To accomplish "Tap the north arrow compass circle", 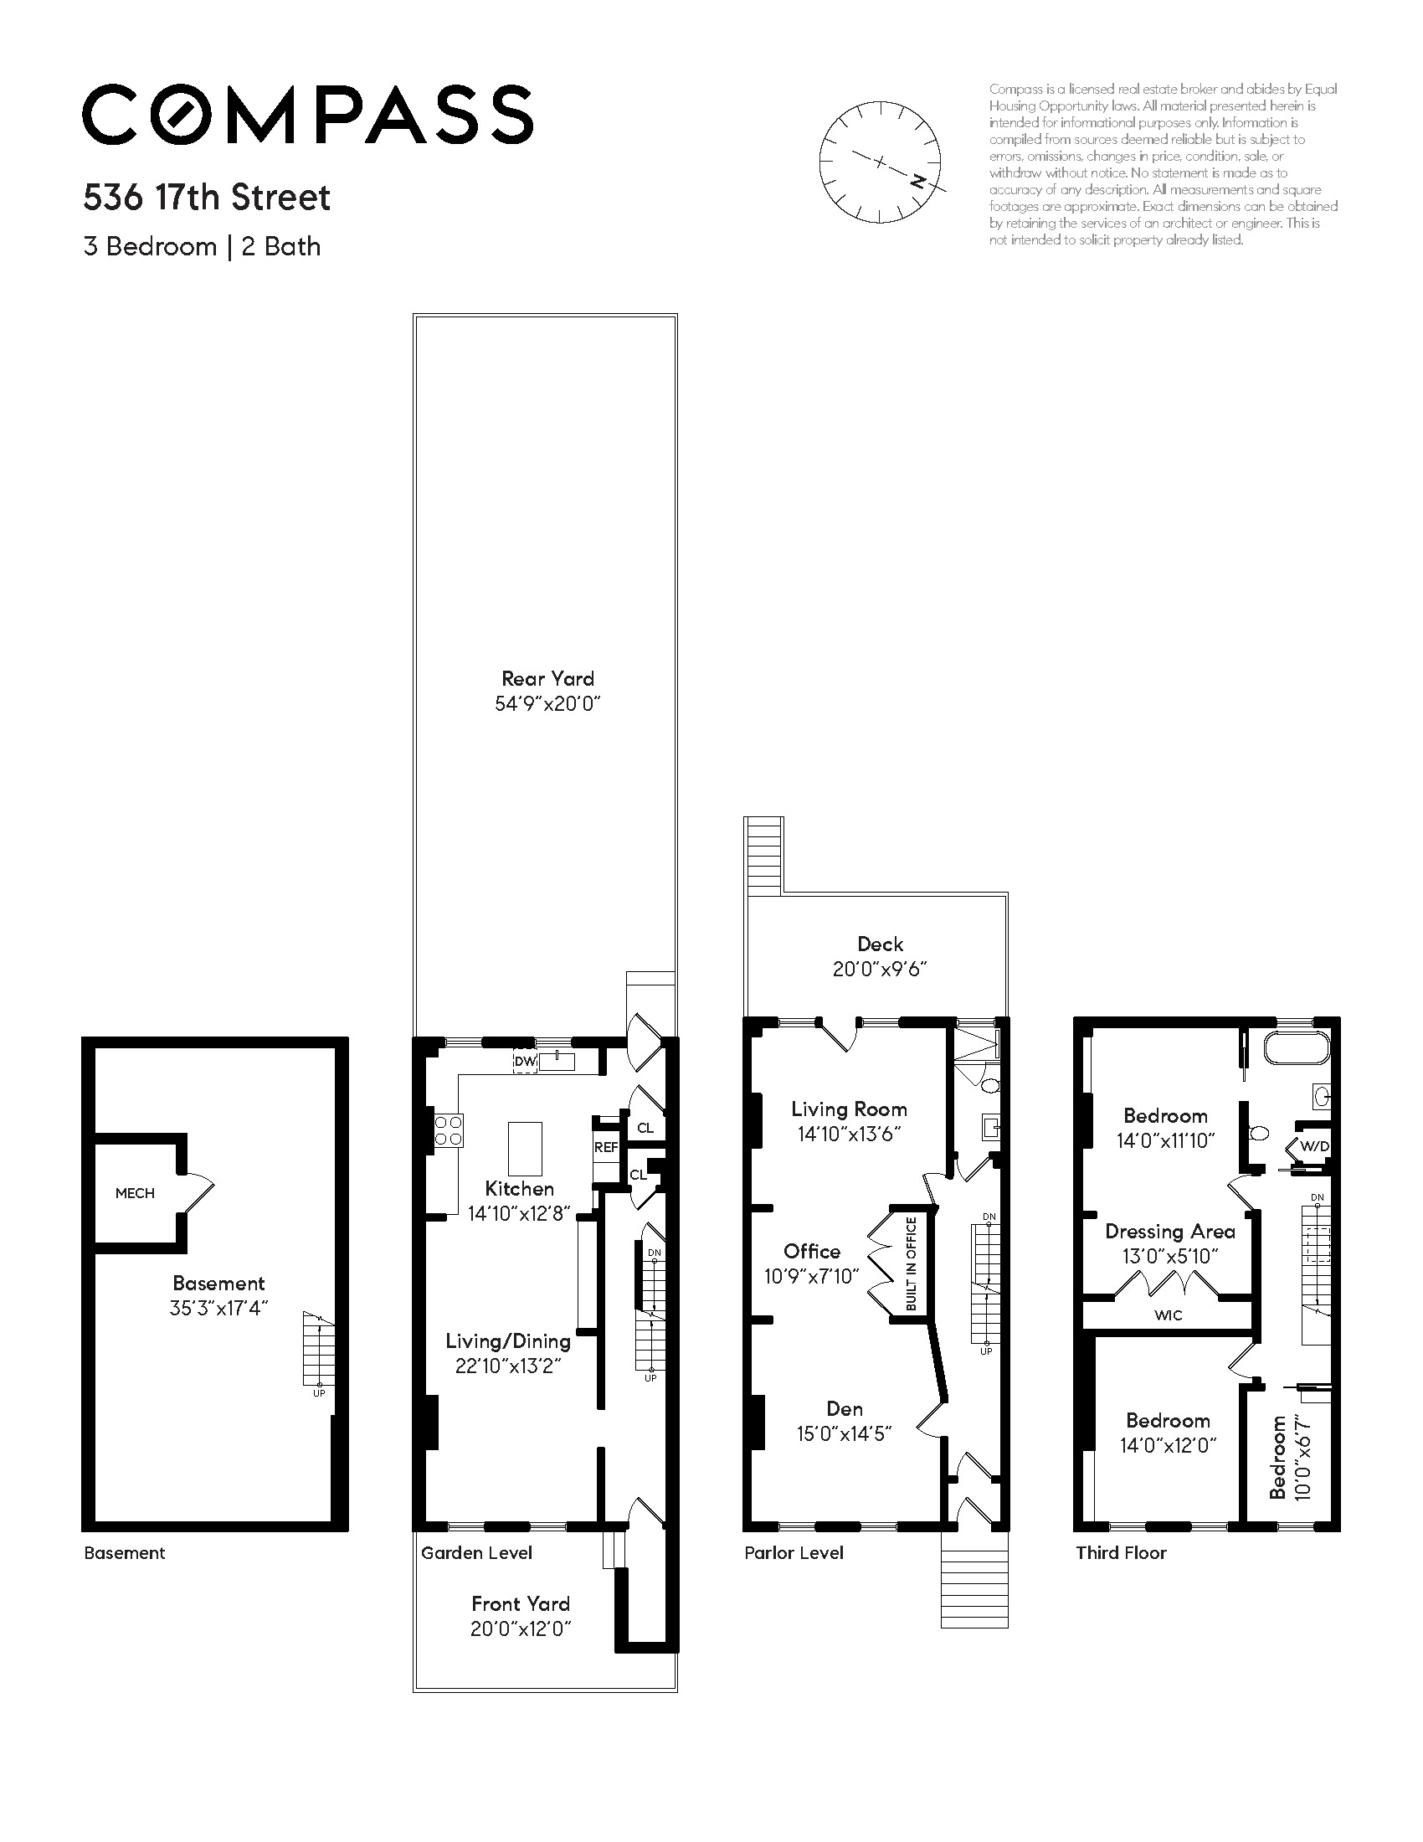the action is pos(879,162).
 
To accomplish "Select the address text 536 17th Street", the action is pos(207,198).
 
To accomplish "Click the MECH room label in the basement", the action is pos(135,1192).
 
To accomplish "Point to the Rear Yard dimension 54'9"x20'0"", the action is pos(547,703).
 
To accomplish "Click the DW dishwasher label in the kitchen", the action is pos(524,1062).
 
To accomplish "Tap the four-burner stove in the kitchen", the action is pos(448,1130).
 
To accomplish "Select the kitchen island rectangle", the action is pos(524,1148).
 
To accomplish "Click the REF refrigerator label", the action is pos(606,1147).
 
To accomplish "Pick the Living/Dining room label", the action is pos(507,1340).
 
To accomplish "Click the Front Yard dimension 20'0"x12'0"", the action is pos(520,1628).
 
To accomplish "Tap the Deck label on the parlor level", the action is pos(880,944).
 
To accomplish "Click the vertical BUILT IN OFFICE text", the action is pos(911,1263).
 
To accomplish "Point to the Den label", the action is pos(844,1408).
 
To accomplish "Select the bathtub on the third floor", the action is pos(1295,1051).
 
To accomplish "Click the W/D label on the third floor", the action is pos(1314,1146).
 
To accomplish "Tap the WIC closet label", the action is pos(1168,1315).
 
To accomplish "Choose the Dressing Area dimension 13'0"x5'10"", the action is pos(1169,1256).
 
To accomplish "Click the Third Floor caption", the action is pos(1120,1552).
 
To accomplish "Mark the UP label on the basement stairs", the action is pos(319,1393).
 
